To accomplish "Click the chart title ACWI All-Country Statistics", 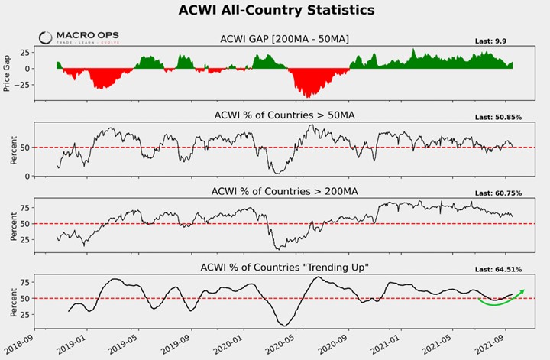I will point(276,11).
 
